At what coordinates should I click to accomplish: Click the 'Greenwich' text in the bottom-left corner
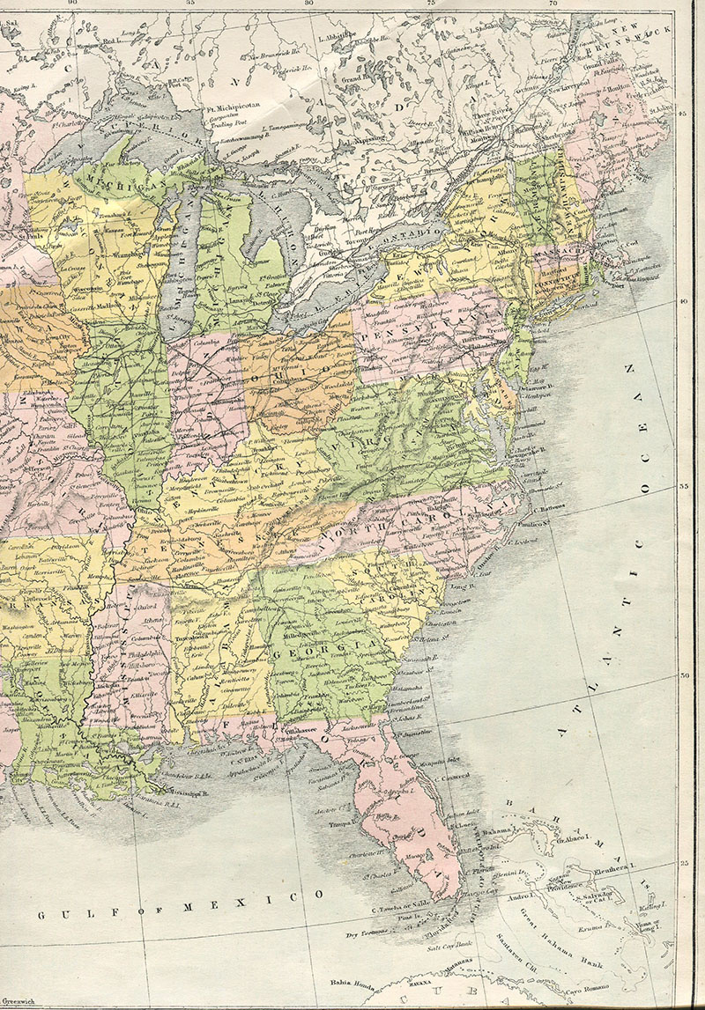point(19,1002)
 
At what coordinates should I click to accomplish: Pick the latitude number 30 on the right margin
point(684,675)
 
